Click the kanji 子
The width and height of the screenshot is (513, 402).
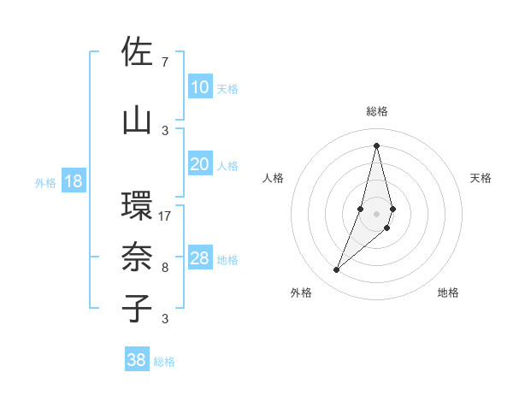(136, 308)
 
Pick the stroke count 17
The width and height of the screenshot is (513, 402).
(165, 216)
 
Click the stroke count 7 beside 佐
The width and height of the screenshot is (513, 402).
(164, 62)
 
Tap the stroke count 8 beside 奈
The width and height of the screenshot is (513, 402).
(164, 268)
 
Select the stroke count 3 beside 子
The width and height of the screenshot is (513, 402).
(164, 319)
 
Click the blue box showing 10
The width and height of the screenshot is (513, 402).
(199, 87)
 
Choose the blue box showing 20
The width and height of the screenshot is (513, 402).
(199, 165)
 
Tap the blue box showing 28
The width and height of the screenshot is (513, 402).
(199, 258)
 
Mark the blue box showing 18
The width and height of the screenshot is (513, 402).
(73, 181)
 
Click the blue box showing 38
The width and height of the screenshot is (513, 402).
(136, 360)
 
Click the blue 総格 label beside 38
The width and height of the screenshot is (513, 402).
(164, 362)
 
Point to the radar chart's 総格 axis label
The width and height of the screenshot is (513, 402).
(376, 111)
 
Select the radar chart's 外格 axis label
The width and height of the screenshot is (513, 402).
(301, 293)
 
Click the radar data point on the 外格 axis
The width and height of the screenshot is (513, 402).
(337, 270)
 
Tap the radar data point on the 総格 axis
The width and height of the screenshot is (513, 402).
(376, 145)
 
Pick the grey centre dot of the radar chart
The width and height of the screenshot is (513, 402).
(376, 211)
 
